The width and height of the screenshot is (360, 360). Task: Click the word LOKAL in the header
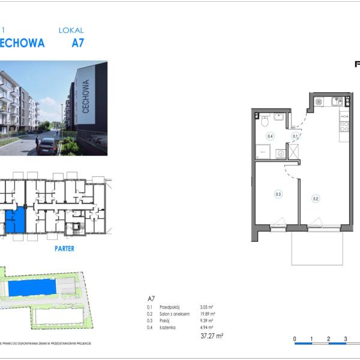point(71,30)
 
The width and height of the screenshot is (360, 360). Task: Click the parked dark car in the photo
point(47,146)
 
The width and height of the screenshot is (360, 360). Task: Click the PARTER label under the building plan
point(64,248)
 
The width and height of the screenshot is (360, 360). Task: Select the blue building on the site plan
point(32,289)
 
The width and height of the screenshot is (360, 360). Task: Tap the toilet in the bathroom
point(265,122)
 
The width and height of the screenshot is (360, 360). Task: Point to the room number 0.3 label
point(278,194)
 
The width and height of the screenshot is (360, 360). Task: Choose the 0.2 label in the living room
point(315,198)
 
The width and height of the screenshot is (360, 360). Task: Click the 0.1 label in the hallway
point(295,137)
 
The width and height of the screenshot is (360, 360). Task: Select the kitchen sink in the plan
point(337,101)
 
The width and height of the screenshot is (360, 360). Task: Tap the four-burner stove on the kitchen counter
point(344,127)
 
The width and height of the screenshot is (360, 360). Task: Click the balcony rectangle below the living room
point(317,247)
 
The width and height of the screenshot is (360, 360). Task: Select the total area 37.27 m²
point(212,337)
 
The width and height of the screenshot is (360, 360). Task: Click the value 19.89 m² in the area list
point(207,314)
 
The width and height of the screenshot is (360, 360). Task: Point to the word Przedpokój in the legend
point(167,307)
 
